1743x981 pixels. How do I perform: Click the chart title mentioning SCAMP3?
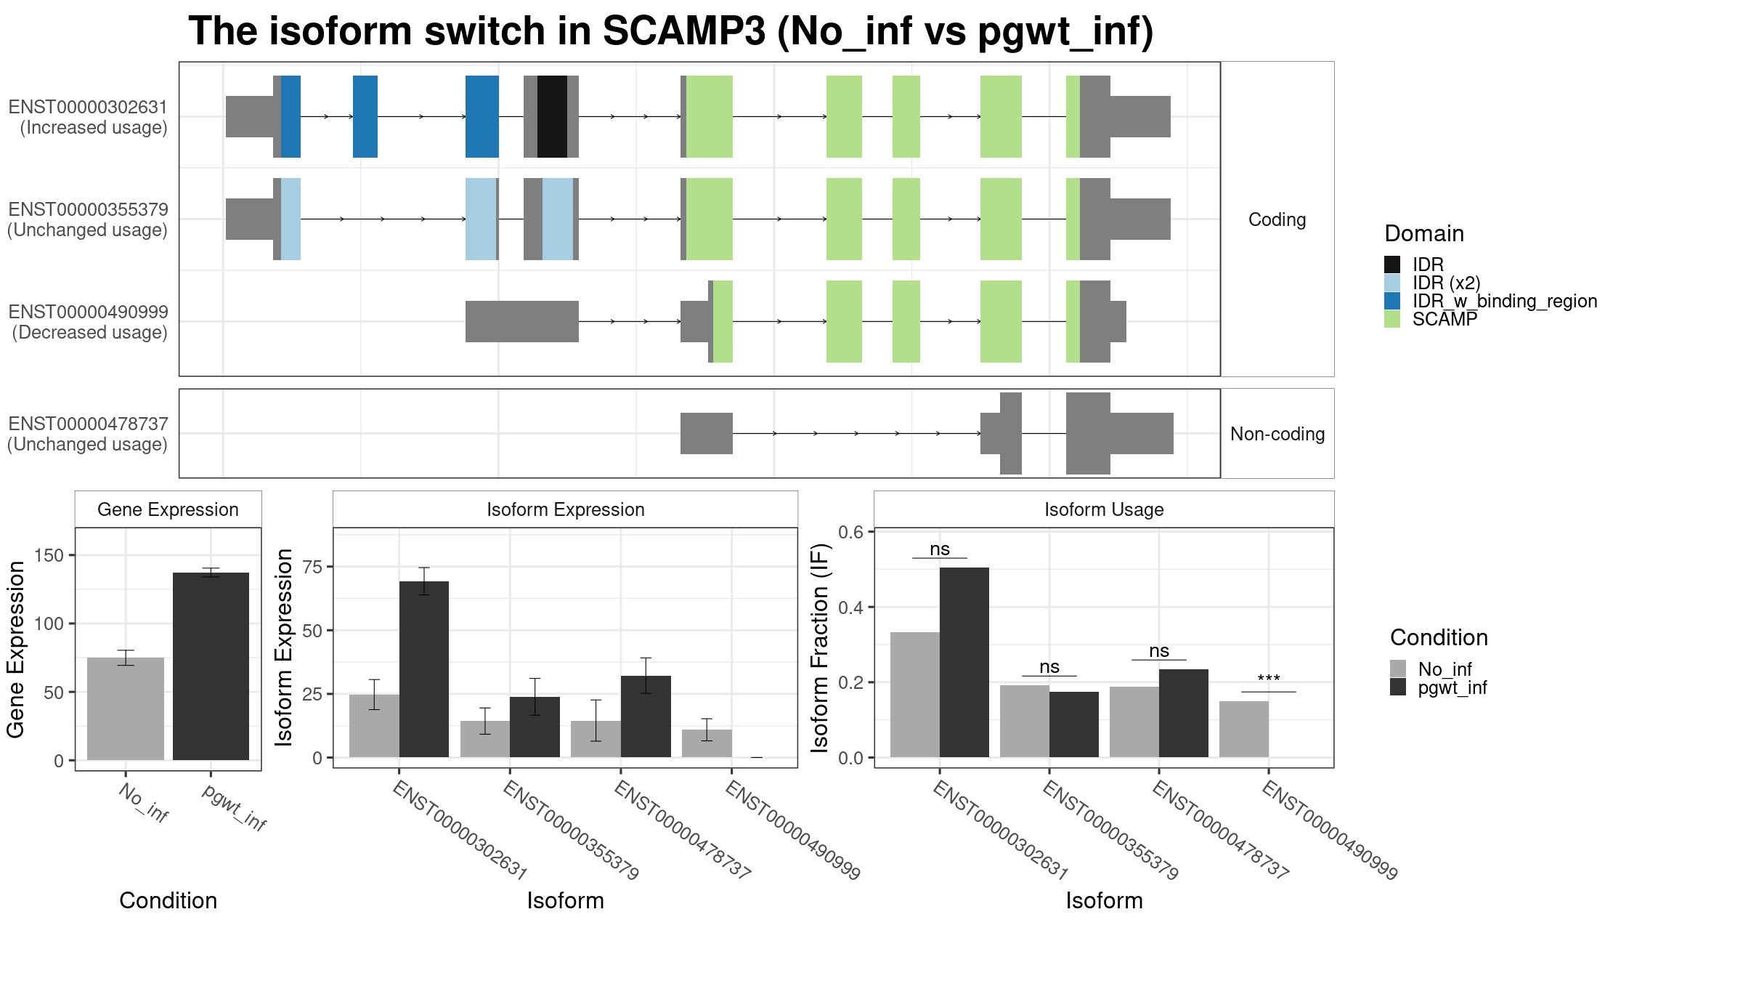(670, 32)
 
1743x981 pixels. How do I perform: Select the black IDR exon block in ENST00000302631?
(552, 116)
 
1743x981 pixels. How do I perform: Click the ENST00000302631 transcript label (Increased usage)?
(88, 117)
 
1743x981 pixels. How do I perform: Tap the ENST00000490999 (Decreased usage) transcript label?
(88, 322)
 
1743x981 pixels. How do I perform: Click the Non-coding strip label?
(1277, 434)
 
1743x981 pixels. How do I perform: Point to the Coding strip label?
(1277, 219)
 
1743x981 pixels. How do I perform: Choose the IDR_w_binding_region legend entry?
(1490, 301)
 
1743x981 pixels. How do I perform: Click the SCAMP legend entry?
(1431, 319)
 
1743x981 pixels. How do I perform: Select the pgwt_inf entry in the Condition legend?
(1438, 687)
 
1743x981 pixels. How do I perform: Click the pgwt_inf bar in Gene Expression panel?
(211, 666)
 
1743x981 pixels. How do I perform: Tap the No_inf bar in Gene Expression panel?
(126, 708)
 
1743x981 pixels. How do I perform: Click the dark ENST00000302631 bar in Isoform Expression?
(424, 669)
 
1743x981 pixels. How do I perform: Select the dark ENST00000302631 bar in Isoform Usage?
(964, 662)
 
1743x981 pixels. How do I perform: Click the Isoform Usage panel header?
(1104, 509)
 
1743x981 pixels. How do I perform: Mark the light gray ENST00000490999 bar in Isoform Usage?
(1244, 729)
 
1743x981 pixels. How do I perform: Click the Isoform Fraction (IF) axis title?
(820, 648)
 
